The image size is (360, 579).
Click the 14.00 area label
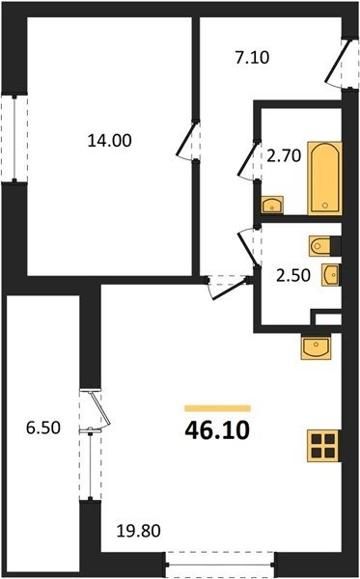[x=110, y=141]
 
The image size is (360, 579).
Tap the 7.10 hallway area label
[x=253, y=58]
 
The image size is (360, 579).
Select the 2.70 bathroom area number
[x=284, y=157]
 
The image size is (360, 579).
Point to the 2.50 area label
[x=292, y=276]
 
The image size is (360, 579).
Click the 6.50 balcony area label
[x=43, y=428]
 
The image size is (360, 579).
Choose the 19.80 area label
[x=139, y=532]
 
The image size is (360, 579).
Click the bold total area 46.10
[x=217, y=430]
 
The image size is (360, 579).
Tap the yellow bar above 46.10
[x=217, y=408]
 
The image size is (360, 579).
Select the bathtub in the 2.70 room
[x=325, y=179]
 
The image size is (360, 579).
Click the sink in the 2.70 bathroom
[x=272, y=205]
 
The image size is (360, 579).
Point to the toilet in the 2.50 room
[x=324, y=246]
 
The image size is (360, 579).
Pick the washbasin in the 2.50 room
[x=331, y=275]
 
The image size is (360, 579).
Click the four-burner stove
[x=323, y=447]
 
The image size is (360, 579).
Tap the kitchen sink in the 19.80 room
[x=317, y=346]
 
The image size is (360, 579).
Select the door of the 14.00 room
[x=188, y=141]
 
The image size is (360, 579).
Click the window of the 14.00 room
[x=14, y=138]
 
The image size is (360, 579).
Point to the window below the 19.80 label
[x=220, y=565]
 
